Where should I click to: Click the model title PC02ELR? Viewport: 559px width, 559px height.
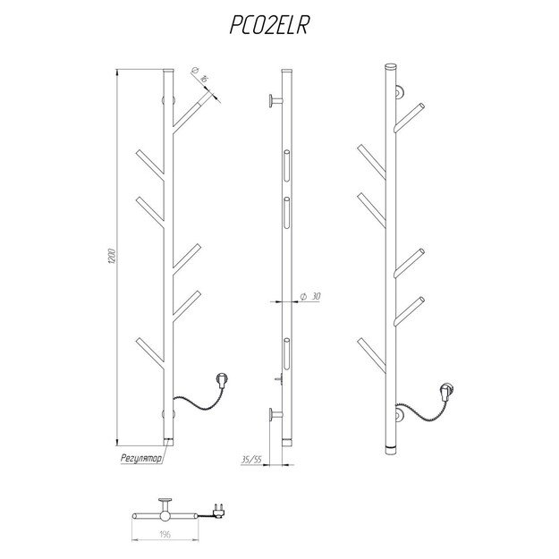pos(269,25)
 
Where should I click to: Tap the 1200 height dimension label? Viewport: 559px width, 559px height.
pos(112,256)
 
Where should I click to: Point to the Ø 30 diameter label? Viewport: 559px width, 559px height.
pos(310,296)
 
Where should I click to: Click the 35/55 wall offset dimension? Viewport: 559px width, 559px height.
pos(251,460)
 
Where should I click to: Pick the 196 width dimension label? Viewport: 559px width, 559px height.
pos(165,534)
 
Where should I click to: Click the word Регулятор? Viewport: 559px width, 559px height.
pos(140,459)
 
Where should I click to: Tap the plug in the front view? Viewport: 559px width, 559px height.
pos(222,379)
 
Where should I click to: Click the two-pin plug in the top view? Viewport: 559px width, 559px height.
pos(218,509)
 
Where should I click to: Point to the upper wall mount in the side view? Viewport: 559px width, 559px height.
pos(275,100)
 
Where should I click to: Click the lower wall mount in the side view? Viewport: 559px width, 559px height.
pos(275,415)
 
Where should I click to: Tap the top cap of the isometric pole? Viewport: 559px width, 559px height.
pos(391,67)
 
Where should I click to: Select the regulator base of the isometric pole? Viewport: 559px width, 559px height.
pos(391,449)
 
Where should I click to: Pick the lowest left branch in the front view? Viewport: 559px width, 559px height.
pos(149,353)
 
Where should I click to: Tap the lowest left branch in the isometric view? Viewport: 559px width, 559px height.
pos(371,354)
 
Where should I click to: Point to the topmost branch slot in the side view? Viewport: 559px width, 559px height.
pos(286,165)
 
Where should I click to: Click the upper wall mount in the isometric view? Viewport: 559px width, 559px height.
pos(399,92)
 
